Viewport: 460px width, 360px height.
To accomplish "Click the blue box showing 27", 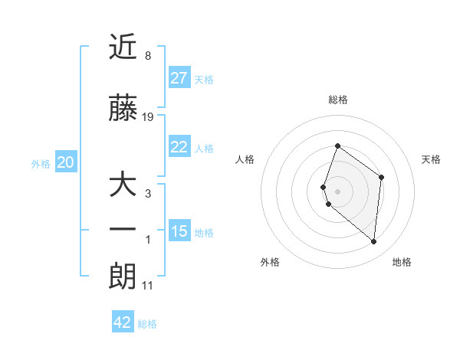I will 179,77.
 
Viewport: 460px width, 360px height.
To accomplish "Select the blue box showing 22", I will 179,147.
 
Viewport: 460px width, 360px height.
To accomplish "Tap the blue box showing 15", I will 179,231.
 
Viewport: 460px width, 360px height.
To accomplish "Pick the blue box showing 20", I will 66,162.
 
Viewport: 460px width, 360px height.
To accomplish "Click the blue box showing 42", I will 123,322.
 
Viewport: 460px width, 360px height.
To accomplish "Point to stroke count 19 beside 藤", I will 148,116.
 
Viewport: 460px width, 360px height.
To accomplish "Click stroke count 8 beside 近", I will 147,55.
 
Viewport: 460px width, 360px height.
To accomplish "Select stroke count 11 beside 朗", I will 147,286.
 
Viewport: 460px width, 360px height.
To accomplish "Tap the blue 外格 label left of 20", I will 41,163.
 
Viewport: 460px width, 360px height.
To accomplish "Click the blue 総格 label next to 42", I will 147,324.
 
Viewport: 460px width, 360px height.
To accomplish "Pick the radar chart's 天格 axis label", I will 431,159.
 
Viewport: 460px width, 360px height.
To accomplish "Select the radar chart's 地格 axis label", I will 402,262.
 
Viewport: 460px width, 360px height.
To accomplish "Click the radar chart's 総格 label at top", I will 337,100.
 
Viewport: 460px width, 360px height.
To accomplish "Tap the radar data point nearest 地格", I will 373,241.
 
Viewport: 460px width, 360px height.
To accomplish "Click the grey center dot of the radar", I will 337,191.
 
